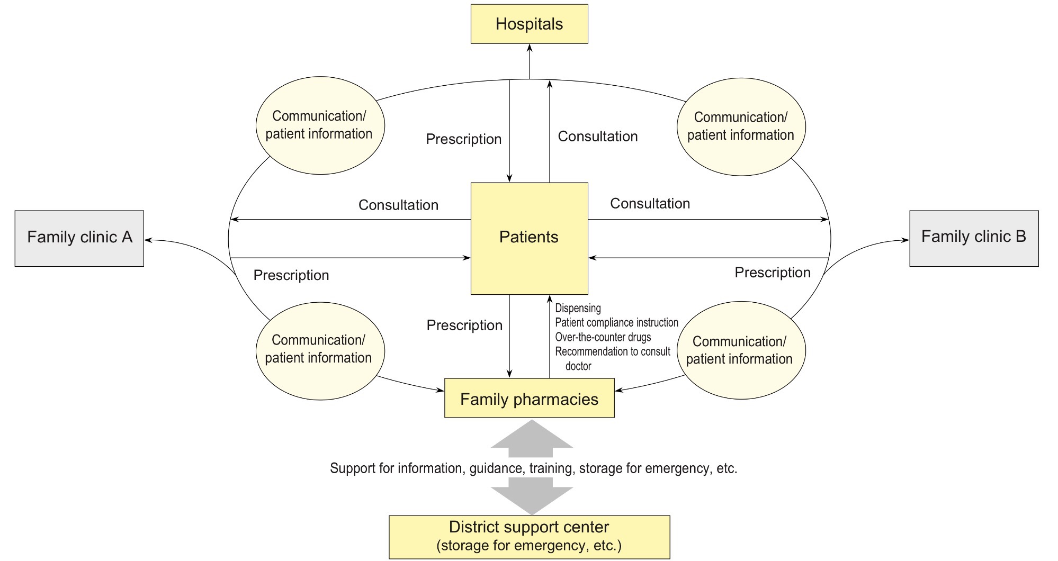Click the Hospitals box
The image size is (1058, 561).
[x=529, y=24]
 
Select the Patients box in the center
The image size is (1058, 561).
[x=529, y=238]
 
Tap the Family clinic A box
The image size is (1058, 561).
[x=79, y=238]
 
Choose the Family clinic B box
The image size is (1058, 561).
[x=973, y=238]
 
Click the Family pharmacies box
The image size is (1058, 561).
[x=529, y=399]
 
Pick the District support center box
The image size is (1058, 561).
[x=529, y=536]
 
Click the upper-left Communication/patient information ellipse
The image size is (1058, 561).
[x=320, y=125]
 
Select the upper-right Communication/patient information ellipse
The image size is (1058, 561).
[x=741, y=126]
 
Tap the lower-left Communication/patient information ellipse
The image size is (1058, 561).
[x=320, y=350]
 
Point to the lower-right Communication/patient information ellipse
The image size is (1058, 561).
[x=741, y=350]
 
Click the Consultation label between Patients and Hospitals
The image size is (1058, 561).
[x=597, y=137]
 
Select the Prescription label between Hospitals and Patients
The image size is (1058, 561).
[x=463, y=139]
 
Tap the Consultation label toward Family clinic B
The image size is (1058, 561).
[x=650, y=204]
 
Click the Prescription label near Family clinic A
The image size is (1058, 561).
[x=291, y=275]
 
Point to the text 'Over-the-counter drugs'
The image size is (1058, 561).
[x=603, y=337]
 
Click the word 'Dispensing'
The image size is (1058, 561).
[x=578, y=308]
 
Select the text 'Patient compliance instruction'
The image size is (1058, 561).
[x=616, y=322]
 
